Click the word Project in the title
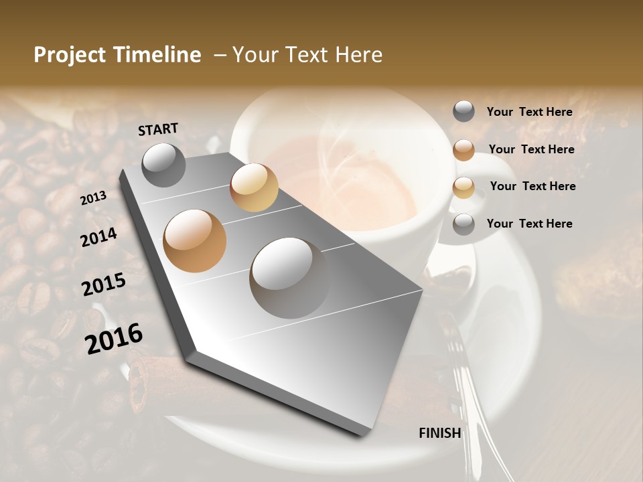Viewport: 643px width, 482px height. click(x=70, y=55)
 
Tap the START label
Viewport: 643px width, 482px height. click(x=158, y=129)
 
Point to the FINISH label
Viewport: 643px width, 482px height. click(x=439, y=433)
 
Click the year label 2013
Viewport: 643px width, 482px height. click(x=93, y=197)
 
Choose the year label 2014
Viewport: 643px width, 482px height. click(x=98, y=238)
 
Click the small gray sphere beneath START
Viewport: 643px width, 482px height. click(x=163, y=165)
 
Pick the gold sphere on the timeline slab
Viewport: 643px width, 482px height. click(x=254, y=187)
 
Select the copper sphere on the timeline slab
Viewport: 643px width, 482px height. click(x=195, y=241)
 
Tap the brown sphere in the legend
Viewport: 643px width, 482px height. click(x=463, y=149)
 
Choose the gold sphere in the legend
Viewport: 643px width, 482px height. click(x=463, y=187)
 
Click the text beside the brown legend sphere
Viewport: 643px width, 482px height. click(x=531, y=149)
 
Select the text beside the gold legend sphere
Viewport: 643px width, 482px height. click(x=532, y=186)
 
